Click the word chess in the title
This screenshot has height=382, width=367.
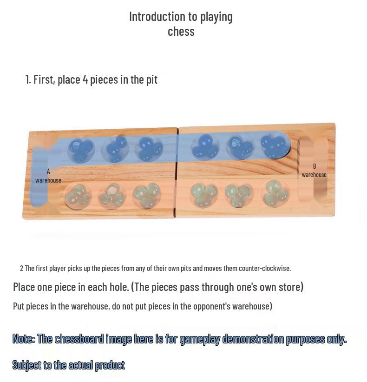[181, 32]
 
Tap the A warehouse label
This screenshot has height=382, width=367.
[48, 176]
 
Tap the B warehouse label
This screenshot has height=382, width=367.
[314, 171]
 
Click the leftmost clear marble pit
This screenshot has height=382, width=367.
[78, 195]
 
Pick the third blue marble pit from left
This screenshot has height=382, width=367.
[149, 149]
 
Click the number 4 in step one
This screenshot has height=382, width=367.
[85, 79]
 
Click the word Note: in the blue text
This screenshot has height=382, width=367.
[24, 339]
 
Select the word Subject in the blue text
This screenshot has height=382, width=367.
[27, 365]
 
